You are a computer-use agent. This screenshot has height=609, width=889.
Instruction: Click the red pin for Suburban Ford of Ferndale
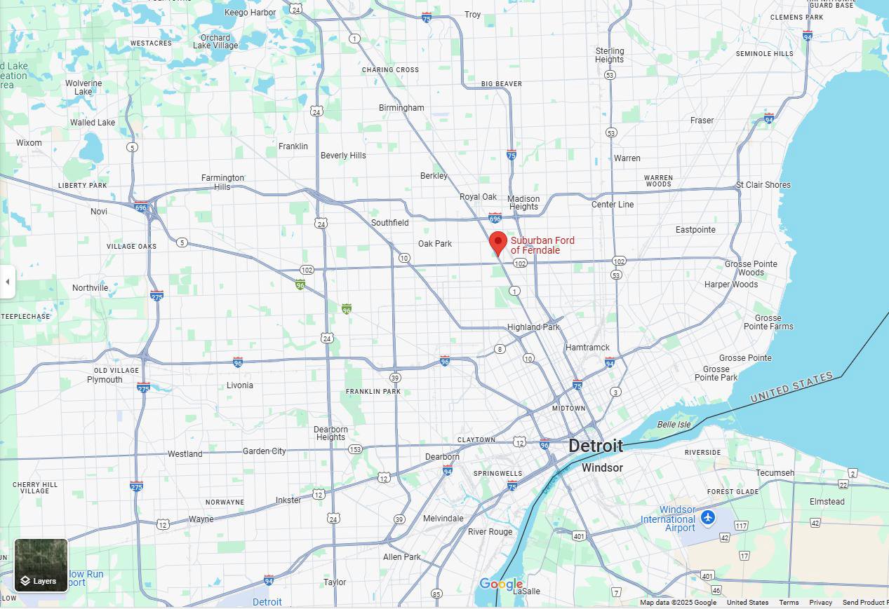(498, 243)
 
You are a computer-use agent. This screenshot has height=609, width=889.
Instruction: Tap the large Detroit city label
(595, 446)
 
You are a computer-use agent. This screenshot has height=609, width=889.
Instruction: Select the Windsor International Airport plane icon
(708, 517)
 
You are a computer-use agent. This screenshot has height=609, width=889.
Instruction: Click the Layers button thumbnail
(41, 566)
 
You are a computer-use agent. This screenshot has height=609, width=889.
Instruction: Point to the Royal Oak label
(478, 197)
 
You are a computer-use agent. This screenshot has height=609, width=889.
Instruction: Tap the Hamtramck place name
(587, 348)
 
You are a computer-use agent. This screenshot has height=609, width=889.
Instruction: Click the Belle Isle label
(674, 425)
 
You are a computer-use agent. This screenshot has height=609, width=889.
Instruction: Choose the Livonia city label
(240, 385)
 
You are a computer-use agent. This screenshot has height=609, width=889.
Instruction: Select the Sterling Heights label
(609, 55)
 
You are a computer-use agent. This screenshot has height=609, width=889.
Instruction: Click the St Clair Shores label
(763, 185)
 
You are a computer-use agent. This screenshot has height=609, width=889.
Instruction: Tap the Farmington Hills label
(222, 182)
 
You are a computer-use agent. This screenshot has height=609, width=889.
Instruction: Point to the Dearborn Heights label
(330, 433)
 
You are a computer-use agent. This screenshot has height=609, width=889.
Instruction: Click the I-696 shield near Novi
(141, 207)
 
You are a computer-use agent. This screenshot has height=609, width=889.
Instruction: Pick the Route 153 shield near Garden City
(355, 449)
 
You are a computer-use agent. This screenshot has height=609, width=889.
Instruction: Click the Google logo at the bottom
(500, 584)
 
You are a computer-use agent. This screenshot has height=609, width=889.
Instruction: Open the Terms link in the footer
(788, 603)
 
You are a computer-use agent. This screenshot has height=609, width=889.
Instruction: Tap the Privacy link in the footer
(820, 603)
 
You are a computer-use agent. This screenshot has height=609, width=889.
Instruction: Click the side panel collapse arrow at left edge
(7, 282)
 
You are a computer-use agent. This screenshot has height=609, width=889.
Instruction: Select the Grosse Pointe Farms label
(768, 322)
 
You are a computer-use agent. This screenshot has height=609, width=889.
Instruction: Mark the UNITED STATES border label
(791, 387)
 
